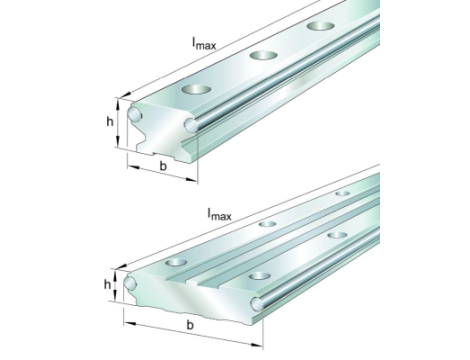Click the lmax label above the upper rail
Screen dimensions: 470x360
[x=204, y=43]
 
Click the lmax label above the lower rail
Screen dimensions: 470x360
[x=219, y=214]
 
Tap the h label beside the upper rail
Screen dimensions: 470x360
[x=110, y=122]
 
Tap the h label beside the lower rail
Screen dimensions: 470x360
[x=107, y=284]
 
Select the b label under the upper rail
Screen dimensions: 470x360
[x=163, y=165]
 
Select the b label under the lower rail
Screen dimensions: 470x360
[x=190, y=324]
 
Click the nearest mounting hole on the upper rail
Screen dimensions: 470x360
[x=196, y=89]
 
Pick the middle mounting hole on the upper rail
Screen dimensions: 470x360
[x=264, y=55]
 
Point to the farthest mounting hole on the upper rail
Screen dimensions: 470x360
[x=321, y=26]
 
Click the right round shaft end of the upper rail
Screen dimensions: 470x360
[x=191, y=125]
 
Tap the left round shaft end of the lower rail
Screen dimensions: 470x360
[x=130, y=283]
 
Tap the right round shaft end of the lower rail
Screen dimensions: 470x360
[x=257, y=303]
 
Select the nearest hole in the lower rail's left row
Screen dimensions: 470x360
[x=176, y=262]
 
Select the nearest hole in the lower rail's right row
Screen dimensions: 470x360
[x=259, y=276]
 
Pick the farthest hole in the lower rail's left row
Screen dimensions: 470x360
[x=342, y=193]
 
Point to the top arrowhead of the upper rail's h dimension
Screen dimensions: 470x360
[x=118, y=104]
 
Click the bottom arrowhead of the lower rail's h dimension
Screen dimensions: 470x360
[x=115, y=296]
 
